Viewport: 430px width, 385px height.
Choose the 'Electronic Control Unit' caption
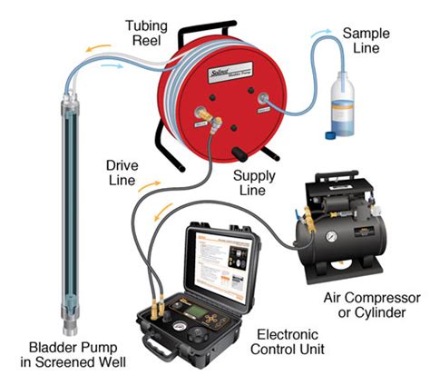(283, 340)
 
